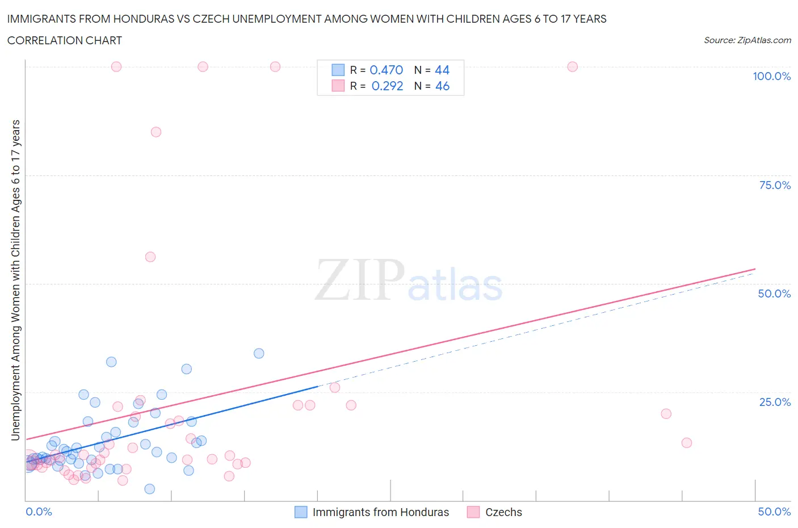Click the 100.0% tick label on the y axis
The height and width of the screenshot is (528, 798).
point(771,76)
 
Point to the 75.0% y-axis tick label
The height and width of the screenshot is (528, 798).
point(775,185)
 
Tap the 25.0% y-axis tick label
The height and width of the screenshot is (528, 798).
point(775,402)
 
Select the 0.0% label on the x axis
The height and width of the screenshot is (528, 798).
point(39,512)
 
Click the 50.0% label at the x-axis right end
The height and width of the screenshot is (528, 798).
point(774,512)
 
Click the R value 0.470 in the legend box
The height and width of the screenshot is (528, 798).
point(386,70)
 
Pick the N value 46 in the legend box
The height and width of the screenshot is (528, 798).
point(442,86)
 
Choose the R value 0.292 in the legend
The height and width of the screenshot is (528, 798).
point(387,86)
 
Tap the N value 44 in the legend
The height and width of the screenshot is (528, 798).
point(442,70)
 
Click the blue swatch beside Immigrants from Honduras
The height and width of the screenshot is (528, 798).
point(301,512)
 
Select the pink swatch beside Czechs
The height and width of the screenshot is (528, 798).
point(473,512)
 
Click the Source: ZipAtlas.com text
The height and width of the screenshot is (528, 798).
point(747,40)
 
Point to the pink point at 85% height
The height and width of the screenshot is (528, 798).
point(156,132)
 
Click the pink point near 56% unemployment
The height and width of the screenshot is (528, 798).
point(150,257)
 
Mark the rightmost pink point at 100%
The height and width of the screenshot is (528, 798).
point(572,67)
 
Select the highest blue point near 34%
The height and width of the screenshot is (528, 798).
point(259,353)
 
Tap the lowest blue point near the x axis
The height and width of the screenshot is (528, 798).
point(150,489)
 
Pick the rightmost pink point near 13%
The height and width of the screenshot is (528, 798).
point(687,443)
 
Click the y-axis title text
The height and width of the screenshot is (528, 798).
point(15,280)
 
